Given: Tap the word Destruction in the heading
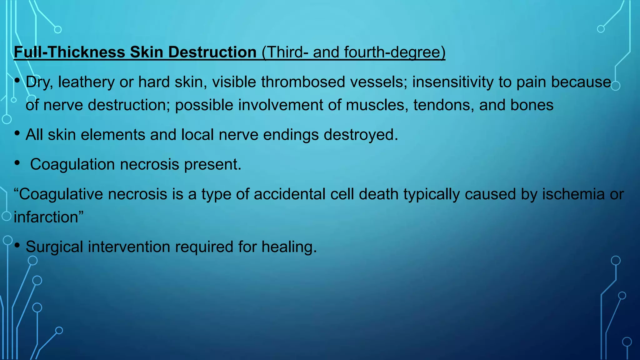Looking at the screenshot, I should (212, 52).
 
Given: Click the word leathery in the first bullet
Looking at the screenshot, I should (86, 82).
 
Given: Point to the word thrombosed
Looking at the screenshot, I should (303, 82).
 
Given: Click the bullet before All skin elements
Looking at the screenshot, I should (17, 133).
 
